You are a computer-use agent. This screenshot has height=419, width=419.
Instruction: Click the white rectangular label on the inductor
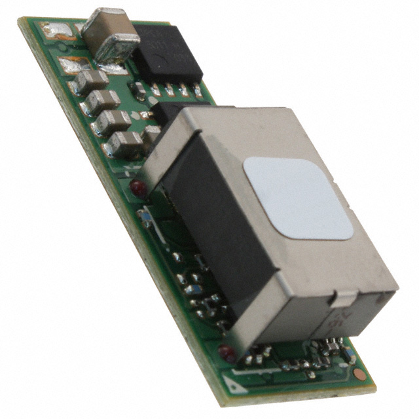pos(298,196)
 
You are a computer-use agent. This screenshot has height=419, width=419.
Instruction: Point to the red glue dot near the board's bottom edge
pos(227,354)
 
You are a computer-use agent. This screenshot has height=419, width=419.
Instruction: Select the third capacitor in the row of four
pos(113,121)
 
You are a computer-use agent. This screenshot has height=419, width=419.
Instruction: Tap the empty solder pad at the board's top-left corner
pos(53,29)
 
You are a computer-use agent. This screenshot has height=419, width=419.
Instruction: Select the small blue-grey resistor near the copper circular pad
pos(351,357)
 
